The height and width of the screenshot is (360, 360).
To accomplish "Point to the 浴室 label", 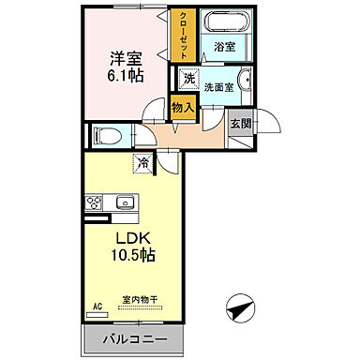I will click(226, 46).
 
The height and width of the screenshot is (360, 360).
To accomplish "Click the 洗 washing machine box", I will click(189, 81).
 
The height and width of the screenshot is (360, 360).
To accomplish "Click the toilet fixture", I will click(105, 135).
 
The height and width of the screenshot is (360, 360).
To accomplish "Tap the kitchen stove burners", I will click(95, 202).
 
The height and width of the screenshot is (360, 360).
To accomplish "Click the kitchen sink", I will click(124, 202).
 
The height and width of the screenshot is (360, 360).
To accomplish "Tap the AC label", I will click(97, 306).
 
